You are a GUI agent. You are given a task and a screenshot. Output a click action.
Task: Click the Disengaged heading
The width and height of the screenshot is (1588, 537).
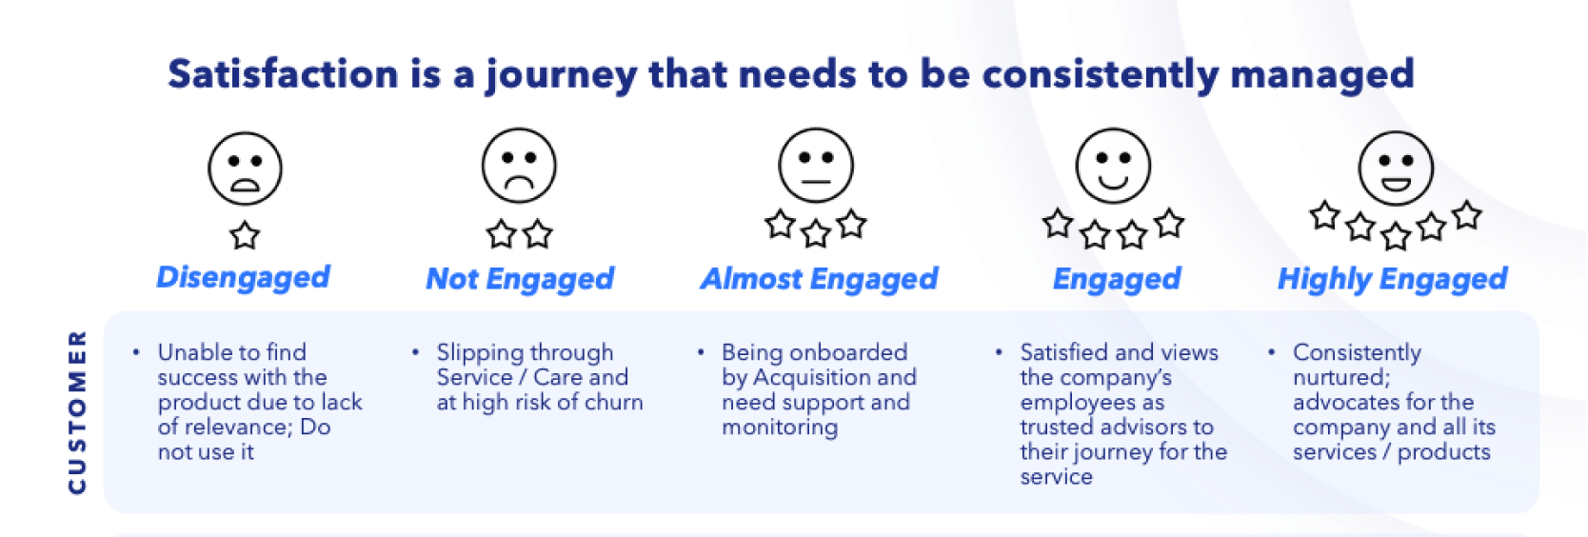243,277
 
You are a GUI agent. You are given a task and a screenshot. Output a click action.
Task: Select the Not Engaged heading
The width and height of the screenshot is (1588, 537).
520,279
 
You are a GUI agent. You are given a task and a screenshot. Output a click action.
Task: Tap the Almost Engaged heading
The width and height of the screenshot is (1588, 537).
819,279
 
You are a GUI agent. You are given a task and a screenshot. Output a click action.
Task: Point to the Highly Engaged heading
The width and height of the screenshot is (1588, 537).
1392,279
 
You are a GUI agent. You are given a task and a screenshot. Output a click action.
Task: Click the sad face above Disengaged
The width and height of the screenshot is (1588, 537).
245,169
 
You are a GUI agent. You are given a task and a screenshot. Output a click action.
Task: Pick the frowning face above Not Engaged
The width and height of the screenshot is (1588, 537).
519,166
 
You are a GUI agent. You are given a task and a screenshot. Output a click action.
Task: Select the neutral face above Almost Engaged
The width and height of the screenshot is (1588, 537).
816,166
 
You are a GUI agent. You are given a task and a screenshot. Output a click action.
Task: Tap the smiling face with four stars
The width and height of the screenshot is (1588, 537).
1113,166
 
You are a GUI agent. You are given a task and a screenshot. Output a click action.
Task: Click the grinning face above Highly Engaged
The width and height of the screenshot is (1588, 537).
1396,169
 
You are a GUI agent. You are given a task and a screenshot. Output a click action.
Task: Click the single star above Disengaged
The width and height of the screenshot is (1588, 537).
245,235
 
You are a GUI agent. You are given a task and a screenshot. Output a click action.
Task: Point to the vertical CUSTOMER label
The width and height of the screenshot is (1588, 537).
77,411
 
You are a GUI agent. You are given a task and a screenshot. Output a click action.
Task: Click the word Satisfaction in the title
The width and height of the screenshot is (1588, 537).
283,74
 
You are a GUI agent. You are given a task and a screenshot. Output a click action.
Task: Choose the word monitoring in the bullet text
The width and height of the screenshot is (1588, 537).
780,428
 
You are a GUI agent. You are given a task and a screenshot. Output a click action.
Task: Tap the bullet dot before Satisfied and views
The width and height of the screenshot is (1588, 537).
999,352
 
